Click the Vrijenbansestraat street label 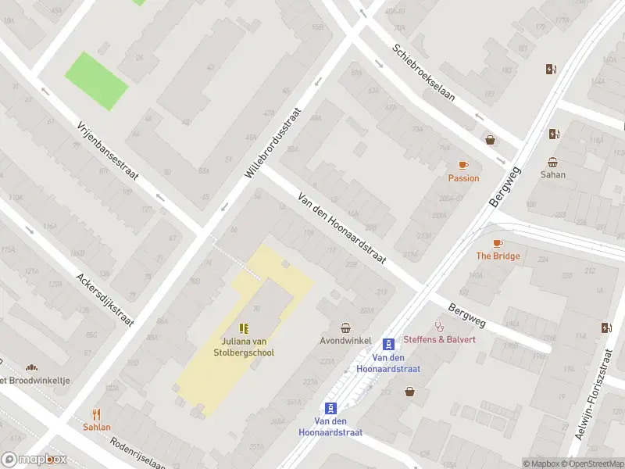pyautogui.click(x=108, y=151)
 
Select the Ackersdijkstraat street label pyautogui.click(x=105, y=299)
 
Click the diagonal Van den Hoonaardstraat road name pyautogui.click(x=341, y=226)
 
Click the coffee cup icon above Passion pyautogui.click(x=463, y=165)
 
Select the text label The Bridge pyautogui.click(x=498, y=256)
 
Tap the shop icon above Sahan pyautogui.click(x=552, y=163)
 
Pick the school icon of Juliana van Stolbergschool pyautogui.click(x=244, y=328)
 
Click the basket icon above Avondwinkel pyautogui.click(x=345, y=328)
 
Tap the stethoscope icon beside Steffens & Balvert pyautogui.click(x=439, y=327)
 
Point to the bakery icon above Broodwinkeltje pyautogui.click(x=32, y=367)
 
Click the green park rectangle pyautogui.click(x=96, y=81)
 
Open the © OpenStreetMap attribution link pyautogui.click(x=594, y=464)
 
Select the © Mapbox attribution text pyautogui.click(x=541, y=464)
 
